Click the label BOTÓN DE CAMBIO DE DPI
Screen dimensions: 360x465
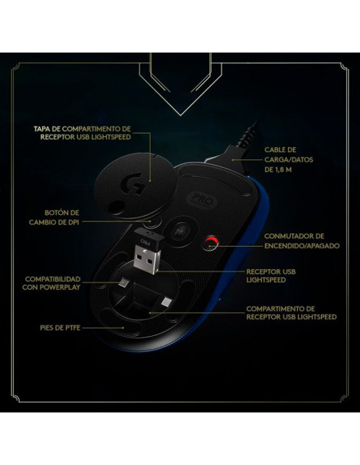(x=54, y=217)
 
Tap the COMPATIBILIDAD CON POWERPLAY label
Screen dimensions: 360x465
(x=51, y=283)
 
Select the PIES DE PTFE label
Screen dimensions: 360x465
(x=61, y=328)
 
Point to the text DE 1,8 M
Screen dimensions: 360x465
(x=278, y=170)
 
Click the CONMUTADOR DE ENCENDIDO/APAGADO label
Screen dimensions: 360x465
(x=302, y=240)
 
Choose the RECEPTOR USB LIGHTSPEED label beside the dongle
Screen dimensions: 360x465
(x=271, y=275)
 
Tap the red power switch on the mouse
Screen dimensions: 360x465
(x=210, y=244)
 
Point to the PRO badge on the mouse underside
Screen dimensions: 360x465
(x=203, y=201)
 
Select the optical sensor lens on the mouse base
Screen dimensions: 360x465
(x=180, y=232)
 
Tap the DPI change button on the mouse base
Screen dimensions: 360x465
(x=150, y=222)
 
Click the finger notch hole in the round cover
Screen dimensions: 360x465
(x=115, y=206)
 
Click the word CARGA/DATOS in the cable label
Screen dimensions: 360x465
(x=288, y=159)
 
